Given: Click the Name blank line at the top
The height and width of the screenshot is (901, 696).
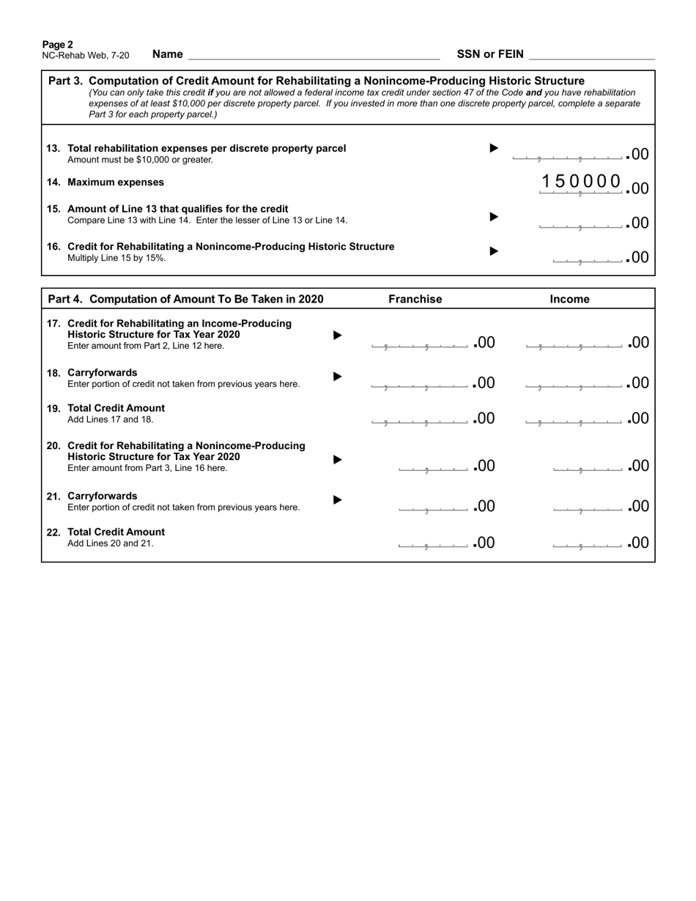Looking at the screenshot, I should (x=314, y=54).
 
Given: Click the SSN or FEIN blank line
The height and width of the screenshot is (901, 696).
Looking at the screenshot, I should (x=591, y=54).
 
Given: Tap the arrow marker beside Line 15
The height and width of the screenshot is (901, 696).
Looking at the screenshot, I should (x=494, y=216).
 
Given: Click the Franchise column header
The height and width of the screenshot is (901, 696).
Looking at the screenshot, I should (x=415, y=299).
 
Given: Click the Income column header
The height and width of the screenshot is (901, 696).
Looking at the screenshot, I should (x=570, y=299).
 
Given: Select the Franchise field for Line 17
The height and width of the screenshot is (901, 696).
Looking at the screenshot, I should (x=419, y=342).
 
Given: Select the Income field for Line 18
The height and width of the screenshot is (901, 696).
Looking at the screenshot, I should (x=574, y=382).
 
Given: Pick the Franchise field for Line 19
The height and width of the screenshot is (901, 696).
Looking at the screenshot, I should (x=419, y=418).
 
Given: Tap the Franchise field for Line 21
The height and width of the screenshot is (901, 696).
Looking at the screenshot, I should (x=433, y=506).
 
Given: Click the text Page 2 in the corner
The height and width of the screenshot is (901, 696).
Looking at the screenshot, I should (x=57, y=45).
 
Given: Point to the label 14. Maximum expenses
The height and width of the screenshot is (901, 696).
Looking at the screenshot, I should (x=105, y=182).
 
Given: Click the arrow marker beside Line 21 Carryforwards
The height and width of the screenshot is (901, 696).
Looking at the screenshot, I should (x=338, y=500).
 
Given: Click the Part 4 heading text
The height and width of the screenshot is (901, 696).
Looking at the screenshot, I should (x=185, y=299).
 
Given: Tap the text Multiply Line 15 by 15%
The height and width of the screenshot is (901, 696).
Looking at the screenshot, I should (x=116, y=258).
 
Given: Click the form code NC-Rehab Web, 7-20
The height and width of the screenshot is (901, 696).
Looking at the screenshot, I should (x=86, y=56).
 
